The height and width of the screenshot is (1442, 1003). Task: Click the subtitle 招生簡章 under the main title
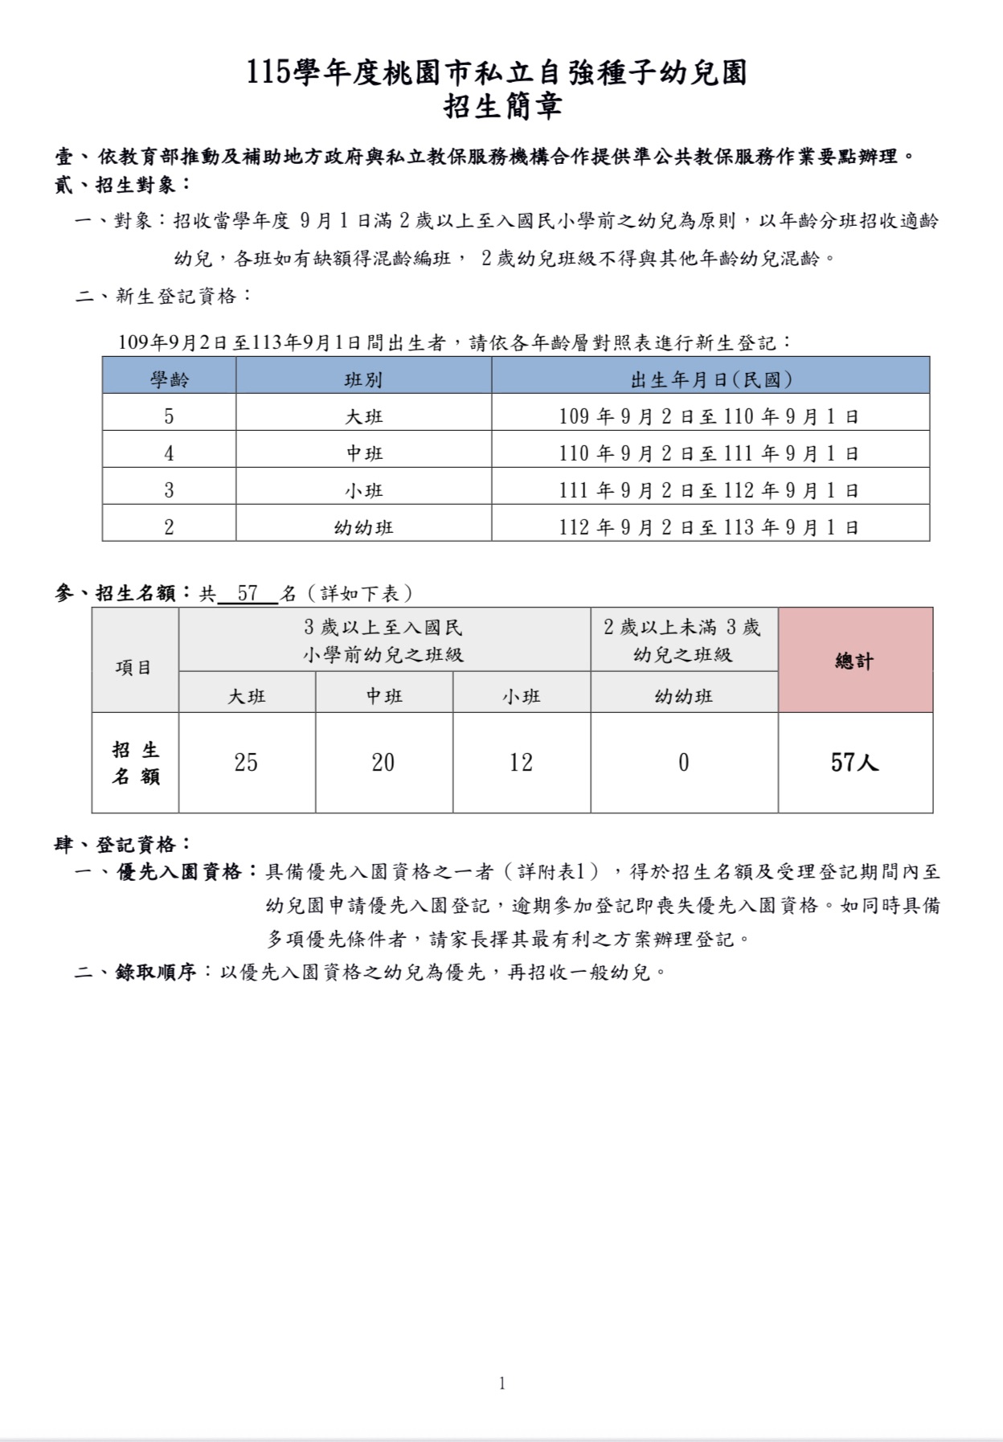502,107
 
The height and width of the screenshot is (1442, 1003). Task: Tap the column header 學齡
169,379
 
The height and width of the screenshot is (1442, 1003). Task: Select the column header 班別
363,379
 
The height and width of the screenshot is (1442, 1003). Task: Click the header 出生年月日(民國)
710,379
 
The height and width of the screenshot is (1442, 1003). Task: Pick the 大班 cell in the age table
363,416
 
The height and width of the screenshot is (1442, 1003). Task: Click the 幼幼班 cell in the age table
363,527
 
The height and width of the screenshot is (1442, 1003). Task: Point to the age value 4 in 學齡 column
169,453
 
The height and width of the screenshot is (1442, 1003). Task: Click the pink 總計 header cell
854,661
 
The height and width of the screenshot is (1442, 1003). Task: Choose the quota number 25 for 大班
246,762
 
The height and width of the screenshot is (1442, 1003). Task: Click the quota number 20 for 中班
383,762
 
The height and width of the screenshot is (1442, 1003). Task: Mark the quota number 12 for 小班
521,762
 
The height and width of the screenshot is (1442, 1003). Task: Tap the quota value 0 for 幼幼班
683,762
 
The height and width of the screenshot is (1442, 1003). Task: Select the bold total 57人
854,762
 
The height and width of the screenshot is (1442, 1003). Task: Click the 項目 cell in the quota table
133,667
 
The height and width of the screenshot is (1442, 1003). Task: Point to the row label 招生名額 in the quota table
135,763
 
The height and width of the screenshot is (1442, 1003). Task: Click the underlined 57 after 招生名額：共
248,594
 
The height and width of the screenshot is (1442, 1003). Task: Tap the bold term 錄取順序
156,972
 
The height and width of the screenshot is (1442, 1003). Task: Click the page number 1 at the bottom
502,1383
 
